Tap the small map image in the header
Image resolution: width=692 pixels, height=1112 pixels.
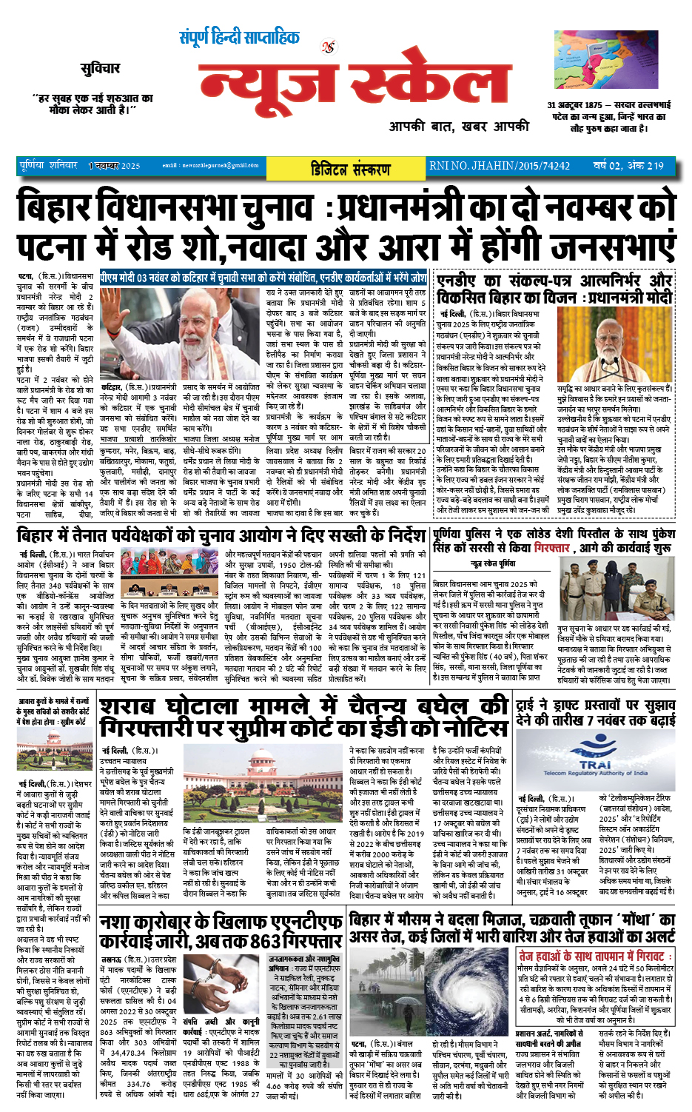[605, 60]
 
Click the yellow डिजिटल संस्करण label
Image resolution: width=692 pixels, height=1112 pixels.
[350, 169]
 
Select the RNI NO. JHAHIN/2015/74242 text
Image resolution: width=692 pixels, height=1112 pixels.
[500, 166]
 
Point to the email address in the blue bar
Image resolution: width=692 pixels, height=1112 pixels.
[210, 166]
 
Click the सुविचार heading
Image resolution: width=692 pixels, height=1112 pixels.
[100, 69]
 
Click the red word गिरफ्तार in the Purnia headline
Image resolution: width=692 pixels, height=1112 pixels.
[552, 548]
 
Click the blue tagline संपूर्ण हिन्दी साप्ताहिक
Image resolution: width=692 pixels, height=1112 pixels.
[239, 38]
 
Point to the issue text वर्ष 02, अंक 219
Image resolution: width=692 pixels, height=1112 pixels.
[628, 166]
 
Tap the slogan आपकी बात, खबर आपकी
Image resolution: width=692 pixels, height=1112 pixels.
[459, 127]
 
